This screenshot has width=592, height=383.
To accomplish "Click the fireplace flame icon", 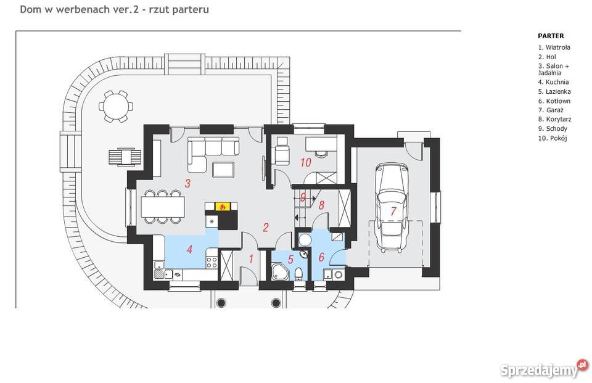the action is coord(223,207).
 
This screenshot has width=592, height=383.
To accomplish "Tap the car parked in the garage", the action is coord(392,208).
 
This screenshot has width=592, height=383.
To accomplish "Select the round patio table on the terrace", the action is coord(116,106).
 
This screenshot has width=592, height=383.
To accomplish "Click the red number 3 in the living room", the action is coord(187,184).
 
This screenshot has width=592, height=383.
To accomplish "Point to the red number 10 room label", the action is coord(305,162).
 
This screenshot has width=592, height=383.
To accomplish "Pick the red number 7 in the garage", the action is coord(393,211).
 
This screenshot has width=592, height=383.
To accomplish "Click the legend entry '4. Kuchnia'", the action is coord(553,82).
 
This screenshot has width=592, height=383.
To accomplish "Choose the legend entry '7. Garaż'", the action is coord(551,110).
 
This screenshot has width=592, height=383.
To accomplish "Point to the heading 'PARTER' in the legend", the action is coord(551,36).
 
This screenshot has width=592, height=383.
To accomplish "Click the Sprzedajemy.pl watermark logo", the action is coord(545,369).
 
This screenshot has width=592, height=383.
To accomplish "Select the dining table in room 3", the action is coord(163,207).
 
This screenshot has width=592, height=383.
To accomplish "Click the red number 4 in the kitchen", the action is coord(189,249).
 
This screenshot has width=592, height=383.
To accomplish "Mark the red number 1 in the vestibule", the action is coord(251,259).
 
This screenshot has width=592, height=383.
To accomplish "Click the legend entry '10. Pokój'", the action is coord(553,138).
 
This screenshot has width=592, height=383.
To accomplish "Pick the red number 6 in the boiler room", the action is coord(321,257).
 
